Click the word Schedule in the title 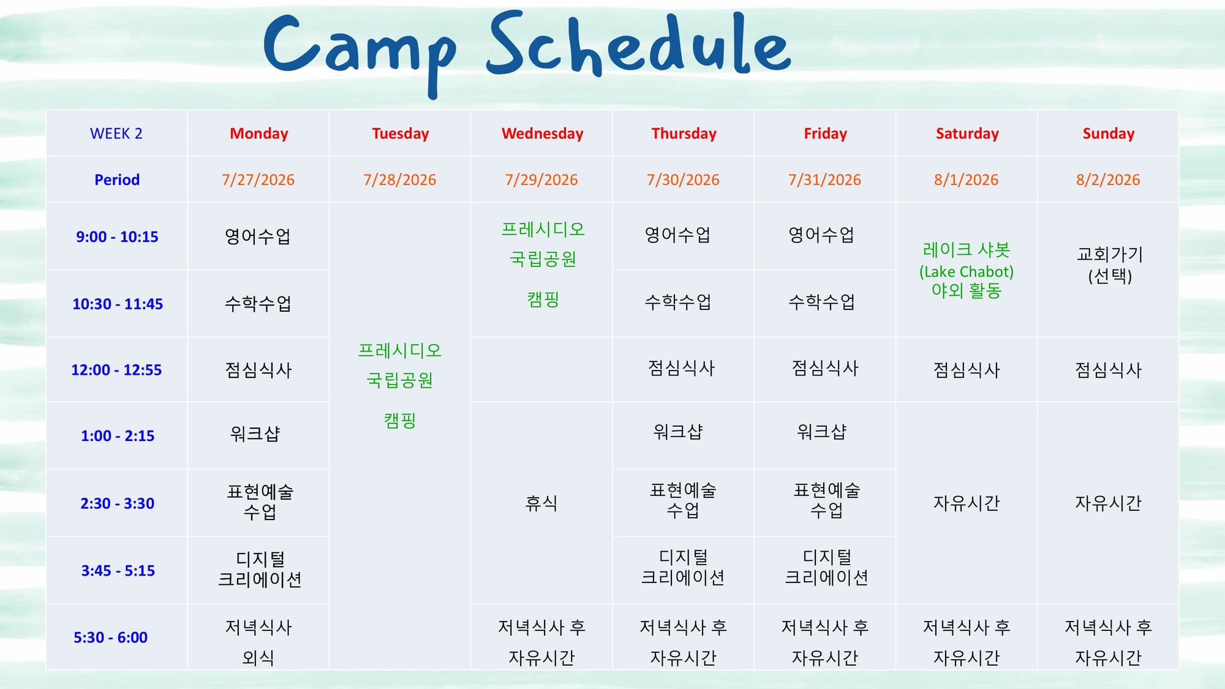click(639, 44)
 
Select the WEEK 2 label click(116, 134)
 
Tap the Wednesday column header click(542, 134)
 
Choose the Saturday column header click(967, 134)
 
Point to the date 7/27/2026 click(258, 179)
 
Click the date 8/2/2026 click(1108, 179)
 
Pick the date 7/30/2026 click(683, 179)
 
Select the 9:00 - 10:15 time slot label click(117, 236)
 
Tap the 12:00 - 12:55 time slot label click(116, 370)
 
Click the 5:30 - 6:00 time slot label click(110, 638)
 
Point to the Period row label click(117, 179)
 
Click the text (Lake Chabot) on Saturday click(967, 271)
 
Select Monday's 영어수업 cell click(258, 236)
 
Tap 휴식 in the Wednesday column click(541, 503)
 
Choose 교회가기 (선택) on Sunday click(1110, 265)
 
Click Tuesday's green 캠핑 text click(400, 420)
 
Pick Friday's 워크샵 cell click(821, 432)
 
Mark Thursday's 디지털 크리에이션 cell click(683, 567)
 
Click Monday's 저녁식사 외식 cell click(258, 642)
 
